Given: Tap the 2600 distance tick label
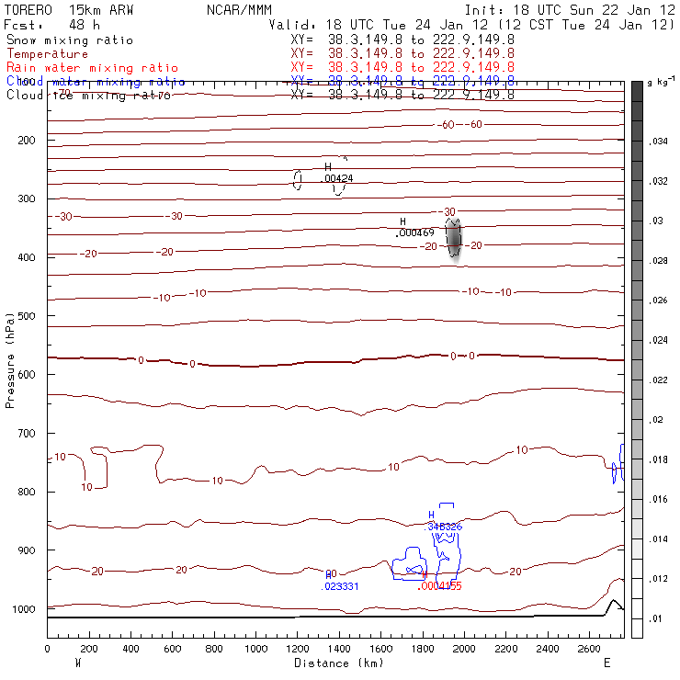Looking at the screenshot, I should click(590, 650).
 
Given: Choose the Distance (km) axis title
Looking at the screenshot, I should click(339, 663).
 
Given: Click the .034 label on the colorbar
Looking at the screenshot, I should click(658, 142).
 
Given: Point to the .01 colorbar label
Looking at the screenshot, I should click(656, 618).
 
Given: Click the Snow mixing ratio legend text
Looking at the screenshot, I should click(69, 40).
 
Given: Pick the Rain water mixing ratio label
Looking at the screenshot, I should click(92, 68).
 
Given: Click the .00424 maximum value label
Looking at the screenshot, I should click(337, 178).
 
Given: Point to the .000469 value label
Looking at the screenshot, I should click(414, 232).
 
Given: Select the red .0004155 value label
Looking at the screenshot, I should click(439, 585).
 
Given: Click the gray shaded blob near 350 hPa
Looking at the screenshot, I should click(454, 239).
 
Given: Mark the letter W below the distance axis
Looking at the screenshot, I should click(77, 663).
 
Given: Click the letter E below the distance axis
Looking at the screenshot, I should click(606, 663).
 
